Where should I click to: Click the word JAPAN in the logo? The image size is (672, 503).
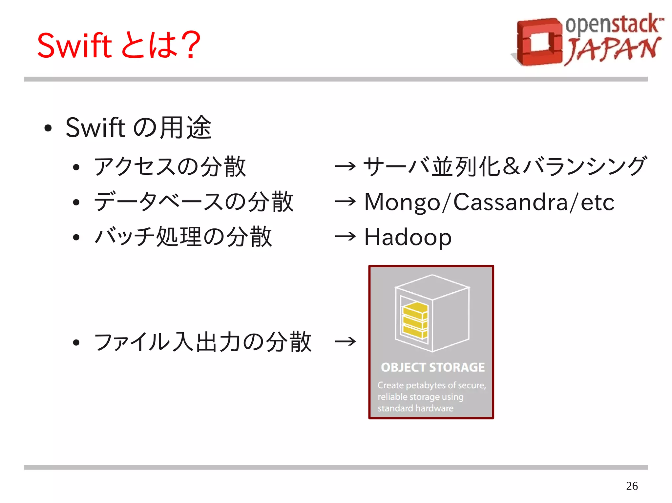(612, 50)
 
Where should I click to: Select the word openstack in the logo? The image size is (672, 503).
(612, 25)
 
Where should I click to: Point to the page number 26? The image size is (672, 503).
(632, 486)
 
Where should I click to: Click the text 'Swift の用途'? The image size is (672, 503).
(138, 127)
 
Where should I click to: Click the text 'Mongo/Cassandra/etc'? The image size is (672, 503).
(489, 202)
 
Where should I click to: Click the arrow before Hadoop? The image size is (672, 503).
(345, 236)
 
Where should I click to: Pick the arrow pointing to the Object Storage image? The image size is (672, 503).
(345, 342)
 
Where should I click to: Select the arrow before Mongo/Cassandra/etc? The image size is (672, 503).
(345, 201)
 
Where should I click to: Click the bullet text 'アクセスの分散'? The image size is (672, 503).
(170, 166)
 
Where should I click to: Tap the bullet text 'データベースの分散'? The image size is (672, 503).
(194, 202)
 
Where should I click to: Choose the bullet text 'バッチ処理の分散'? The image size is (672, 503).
(183, 237)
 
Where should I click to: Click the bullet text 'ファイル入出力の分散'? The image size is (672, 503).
(202, 342)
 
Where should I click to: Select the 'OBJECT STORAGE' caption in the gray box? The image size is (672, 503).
(432, 367)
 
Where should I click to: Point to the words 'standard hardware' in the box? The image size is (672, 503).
(415, 408)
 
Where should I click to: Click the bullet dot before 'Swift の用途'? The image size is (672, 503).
(48, 128)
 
